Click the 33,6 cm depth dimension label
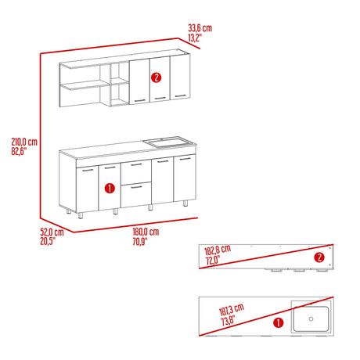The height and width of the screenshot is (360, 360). click(200, 27)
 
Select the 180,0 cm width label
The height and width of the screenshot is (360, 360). click(145, 232)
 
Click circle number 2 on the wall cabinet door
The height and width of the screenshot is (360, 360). click(157, 77)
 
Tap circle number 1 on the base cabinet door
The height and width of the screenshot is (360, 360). click(109, 188)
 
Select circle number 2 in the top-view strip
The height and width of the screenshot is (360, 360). click(319, 257)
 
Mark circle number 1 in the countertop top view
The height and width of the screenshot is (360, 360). click(279, 321)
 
